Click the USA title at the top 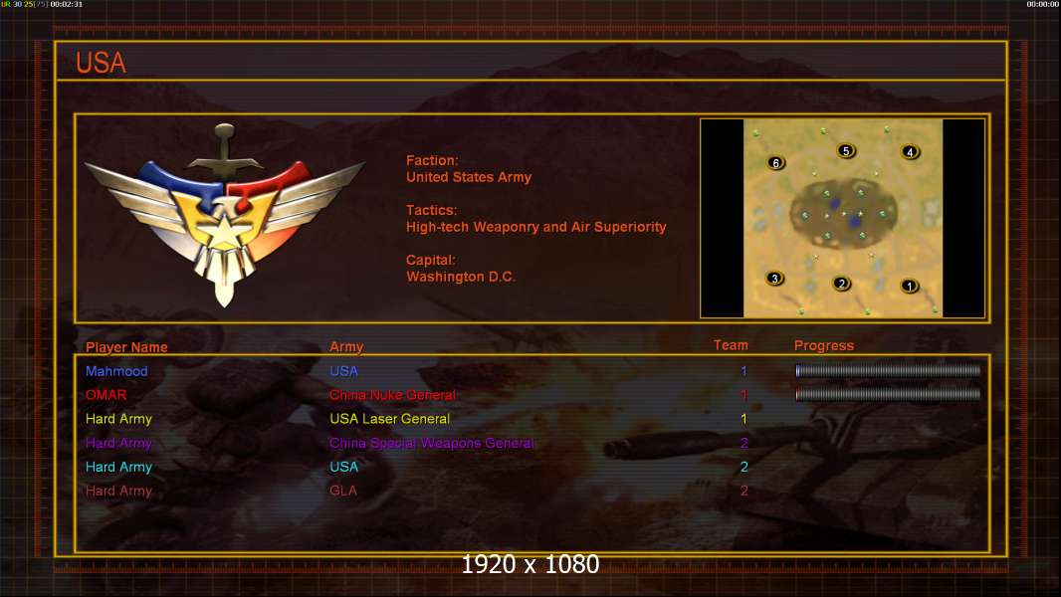(101, 63)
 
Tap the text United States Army (469, 177)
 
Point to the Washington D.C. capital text (461, 277)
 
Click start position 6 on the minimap (776, 162)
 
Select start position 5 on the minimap (846, 151)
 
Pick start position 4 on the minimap (910, 152)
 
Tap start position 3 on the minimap (775, 279)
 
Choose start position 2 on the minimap (842, 284)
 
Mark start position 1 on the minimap (909, 286)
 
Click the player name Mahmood (116, 371)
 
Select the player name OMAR (106, 395)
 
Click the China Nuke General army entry (393, 395)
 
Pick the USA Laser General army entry (390, 419)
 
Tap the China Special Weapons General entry (432, 443)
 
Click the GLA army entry (343, 491)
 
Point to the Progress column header (824, 346)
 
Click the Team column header (731, 345)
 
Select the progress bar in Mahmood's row (888, 370)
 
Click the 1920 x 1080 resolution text (530, 565)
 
